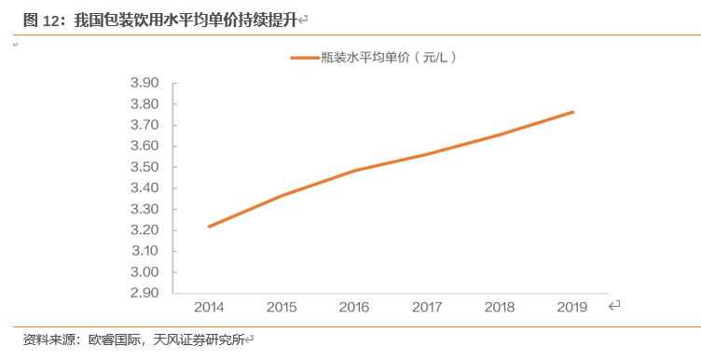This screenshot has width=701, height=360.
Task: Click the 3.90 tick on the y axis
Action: coord(144,83)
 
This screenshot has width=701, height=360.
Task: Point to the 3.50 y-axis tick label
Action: coord(144,167)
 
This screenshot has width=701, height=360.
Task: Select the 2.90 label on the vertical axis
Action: coord(144,293)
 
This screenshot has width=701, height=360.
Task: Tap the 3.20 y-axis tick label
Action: coord(144,230)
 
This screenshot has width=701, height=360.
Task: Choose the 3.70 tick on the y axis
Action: coord(144,125)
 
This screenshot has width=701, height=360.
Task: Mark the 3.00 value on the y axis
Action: coord(144,272)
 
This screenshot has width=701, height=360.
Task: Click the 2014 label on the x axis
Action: coord(208,307)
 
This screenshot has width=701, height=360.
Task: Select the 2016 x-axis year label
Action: coord(354,307)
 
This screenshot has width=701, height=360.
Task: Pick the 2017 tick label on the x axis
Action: coord(427,307)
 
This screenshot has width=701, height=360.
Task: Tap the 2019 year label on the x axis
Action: coord(571,307)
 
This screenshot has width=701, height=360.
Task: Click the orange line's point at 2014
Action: coord(209,226)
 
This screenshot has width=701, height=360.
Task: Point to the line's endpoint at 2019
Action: coord(572,112)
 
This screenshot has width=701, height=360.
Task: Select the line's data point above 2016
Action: coord(354,171)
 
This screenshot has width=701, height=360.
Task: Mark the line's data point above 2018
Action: coord(500,134)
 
